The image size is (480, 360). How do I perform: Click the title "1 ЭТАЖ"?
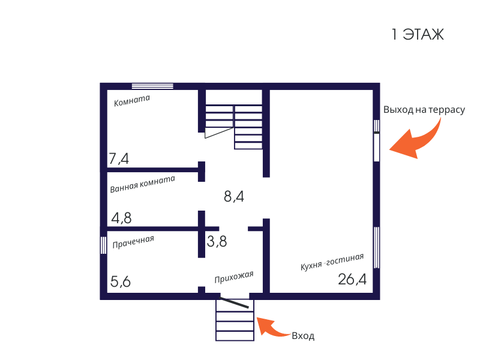pos(418,35)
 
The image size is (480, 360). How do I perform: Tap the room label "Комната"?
pos(132,101)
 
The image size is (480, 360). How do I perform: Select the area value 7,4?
pos(119,159)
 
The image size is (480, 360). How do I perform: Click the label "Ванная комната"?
pos(142,184)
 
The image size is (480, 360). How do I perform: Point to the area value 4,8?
pos(121,218)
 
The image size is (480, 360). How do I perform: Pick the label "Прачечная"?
pos(133,242)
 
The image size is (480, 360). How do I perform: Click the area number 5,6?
pos(121,281)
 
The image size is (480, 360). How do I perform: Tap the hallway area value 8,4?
pos(234,196)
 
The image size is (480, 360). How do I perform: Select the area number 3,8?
pos(217,242)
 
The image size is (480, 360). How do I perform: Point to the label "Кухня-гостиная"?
pos(332,263)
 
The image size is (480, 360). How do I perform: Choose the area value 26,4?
pos(352,279)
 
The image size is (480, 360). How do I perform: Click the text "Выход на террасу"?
pos(424,110)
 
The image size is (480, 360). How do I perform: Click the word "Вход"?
pos(303,336)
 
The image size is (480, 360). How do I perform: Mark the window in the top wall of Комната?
pos(152,86)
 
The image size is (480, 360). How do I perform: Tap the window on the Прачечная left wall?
pos(103,245)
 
